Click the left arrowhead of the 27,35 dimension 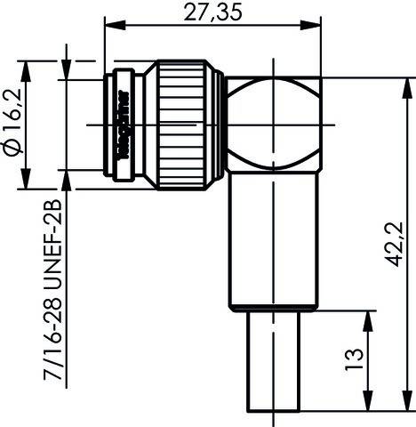pyautogui.click(x=111, y=23)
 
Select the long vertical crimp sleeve pyautogui.click(x=273, y=240)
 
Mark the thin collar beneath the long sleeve pyautogui.click(x=273, y=310)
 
